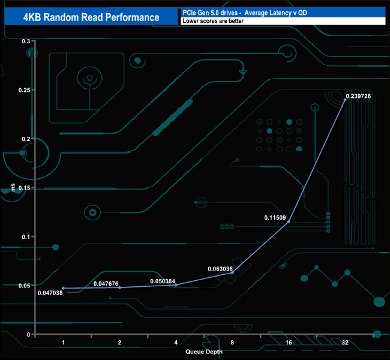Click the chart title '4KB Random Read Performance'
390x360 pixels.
pos(91,17)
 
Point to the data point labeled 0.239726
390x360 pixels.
pos(345,100)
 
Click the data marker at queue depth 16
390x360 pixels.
pos(289,221)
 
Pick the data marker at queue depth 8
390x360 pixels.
pos(232,272)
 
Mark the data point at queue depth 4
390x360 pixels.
pos(176,284)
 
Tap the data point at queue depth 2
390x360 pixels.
pos(119,287)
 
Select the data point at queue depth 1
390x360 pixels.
pos(63,288)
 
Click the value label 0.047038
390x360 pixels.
pos(50,293)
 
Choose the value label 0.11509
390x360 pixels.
pos(275,217)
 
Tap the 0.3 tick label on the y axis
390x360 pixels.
pos(25,41)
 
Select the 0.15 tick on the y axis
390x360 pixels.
pos(23,188)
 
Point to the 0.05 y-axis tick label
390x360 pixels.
pos(23,286)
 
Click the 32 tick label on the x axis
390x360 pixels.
pos(345,342)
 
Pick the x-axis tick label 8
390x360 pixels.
pos(232,342)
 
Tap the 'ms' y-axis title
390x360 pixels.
pos(13,188)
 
